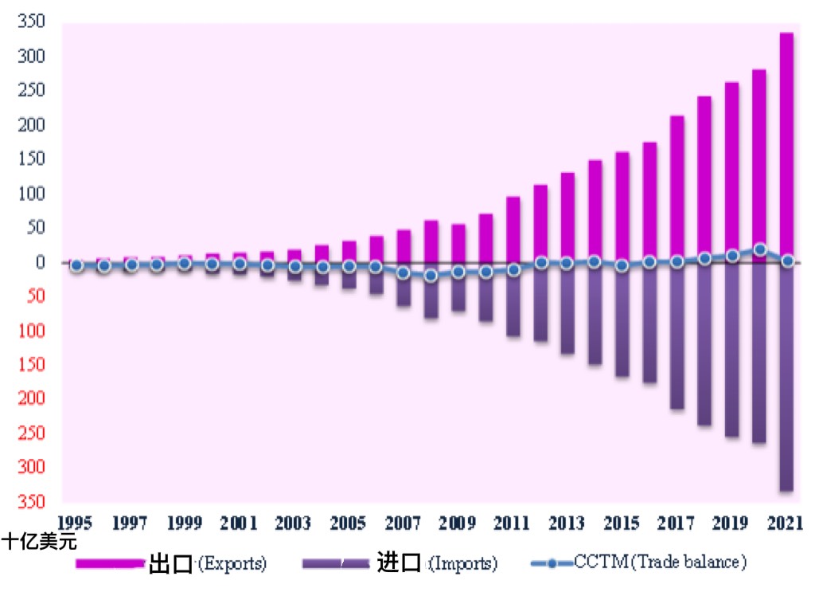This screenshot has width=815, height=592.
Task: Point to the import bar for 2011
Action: click(513, 299)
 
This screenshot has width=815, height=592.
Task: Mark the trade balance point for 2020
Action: click(760, 249)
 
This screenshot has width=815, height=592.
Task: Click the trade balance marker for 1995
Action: click(76, 265)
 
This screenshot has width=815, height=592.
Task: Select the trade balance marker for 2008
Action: click(431, 276)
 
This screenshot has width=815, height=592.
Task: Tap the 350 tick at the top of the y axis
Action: click(33, 22)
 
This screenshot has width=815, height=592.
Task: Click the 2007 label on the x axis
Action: click(403, 523)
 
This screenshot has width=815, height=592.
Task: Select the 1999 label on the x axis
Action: click(185, 523)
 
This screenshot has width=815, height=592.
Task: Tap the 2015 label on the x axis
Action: click(622, 523)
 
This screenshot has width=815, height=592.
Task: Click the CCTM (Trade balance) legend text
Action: click(660, 563)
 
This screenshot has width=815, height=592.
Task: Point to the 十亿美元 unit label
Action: click(40, 544)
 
